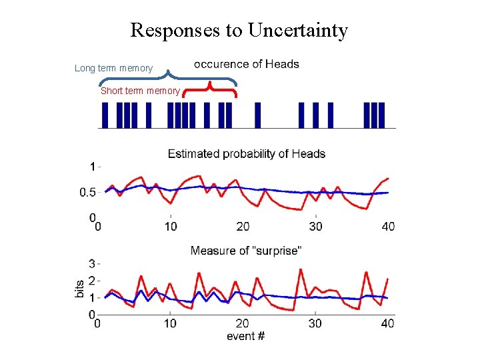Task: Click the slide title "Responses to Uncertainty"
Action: [239, 30]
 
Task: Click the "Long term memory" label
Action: [113, 68]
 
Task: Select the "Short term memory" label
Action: [140, 91]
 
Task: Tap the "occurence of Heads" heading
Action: [246, 64]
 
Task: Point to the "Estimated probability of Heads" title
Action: [246, 154]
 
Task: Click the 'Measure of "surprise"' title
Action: [246, 251]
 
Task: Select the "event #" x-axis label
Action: [245, 336]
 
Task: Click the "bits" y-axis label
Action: [79, 289]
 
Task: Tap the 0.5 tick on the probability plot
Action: [87, 193]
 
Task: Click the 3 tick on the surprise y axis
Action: [92, 264]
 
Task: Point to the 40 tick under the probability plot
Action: [388, 227]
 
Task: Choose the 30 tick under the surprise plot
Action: [315, 324]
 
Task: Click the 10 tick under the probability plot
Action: [171, 227]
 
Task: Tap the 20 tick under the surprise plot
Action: [243, 324]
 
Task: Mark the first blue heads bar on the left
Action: [105, 115]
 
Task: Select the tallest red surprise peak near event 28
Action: [301, 270]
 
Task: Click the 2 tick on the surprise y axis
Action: [92, 281]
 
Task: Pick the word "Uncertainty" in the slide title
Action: [297, 30]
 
